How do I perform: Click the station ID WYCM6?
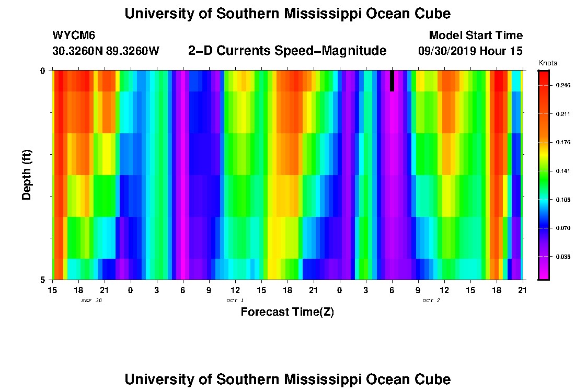coord(74,36)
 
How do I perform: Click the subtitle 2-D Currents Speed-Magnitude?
coord(287,51)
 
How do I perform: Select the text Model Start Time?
coord(476,36)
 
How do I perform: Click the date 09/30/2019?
coord(446,51)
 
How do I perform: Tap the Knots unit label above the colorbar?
coord(547,63)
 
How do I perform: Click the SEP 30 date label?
coord(91,301)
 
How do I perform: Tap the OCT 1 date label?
coord(235,301)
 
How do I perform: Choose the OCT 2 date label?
coord(431,301)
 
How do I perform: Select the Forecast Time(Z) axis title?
coord(287,313)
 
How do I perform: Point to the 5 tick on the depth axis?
coord(42,280)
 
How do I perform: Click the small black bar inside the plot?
coord(392,80)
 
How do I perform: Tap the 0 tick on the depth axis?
coord(42,71)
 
